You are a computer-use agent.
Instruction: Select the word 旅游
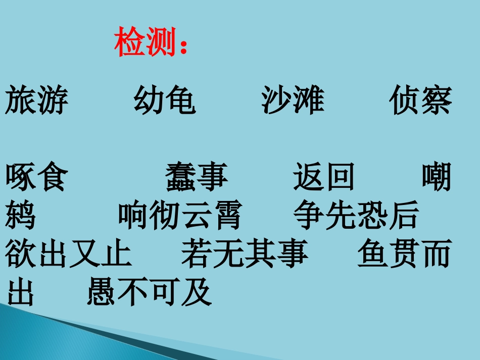pos(36,100)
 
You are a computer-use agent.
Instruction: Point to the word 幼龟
pos(164,100)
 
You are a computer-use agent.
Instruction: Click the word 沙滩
pos(293,100)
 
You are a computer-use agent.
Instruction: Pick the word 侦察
pos(420,100)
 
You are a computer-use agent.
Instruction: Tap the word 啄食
pos(36,177)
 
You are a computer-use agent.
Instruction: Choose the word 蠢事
pos(197,177)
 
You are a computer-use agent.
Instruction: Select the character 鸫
pos(21,216)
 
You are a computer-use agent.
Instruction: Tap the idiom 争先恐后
pos(356,216)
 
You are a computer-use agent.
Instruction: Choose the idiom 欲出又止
pos(69,254)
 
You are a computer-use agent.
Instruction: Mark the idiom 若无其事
pos(245,254)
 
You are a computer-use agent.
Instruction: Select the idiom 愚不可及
pos(149,292)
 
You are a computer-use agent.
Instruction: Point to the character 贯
pos(404,254)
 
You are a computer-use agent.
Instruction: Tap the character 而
pos(436,254)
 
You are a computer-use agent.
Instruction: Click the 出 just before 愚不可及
pos(21,292)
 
